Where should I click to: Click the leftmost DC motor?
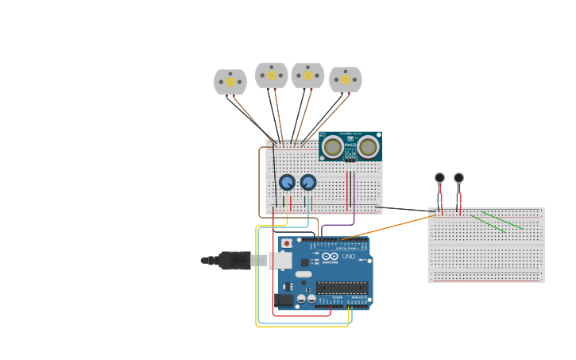[230, 82]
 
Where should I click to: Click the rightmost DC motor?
[345, 79]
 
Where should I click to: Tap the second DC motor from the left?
[271, 75]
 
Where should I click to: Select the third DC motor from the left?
[307, 75]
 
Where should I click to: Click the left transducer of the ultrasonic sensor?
[333, 147]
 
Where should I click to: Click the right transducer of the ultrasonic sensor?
[368, 146]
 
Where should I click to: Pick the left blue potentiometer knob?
[287, 183]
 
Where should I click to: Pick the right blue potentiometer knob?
[308, 183]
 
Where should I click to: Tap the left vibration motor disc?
[439, 178]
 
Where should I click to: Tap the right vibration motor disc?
[458, 178]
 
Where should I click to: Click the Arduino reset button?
[286, 243]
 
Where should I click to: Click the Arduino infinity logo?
[329, 256]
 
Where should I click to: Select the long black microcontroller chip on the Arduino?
[342, 287]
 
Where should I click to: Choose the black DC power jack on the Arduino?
[284, 300]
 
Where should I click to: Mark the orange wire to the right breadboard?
[389, 226]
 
